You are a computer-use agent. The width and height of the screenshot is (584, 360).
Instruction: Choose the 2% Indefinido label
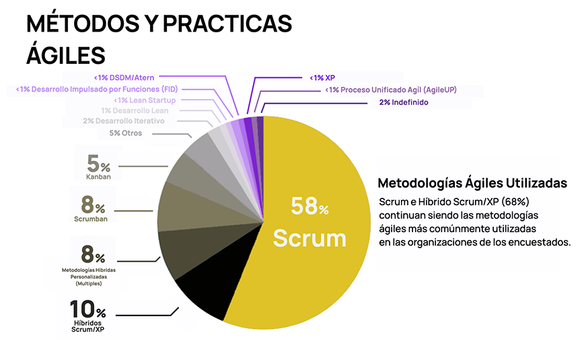399,102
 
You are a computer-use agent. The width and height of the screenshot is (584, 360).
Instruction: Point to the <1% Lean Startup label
145,100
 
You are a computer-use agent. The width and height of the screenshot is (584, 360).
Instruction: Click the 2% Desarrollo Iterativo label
123,121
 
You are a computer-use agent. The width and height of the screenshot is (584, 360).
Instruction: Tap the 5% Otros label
126,133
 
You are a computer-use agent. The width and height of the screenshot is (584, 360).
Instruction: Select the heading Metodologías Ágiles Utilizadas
472,183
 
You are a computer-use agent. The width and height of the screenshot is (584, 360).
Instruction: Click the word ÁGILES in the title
66,54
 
